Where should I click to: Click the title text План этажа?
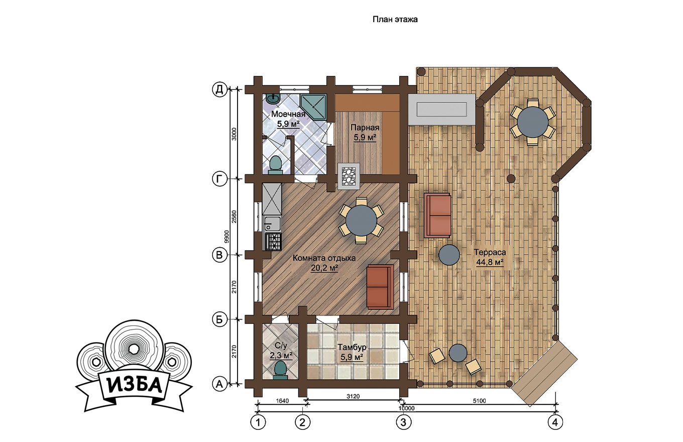point(395,20)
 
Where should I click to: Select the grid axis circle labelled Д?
point(219,89)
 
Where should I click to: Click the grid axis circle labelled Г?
point(219,179)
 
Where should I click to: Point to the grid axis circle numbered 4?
point(555,422)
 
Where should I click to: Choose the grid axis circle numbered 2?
point(302,422)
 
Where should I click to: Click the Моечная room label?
point(288,115)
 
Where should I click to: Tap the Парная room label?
point(365,128)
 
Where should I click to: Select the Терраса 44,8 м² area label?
point(490,257)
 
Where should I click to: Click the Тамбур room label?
point(352,348)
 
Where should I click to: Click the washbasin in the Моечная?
point(60,98)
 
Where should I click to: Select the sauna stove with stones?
point(349,176)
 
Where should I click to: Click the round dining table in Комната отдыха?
point(361,220)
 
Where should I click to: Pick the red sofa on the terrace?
point(437,215)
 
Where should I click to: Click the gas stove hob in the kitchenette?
point(273,242)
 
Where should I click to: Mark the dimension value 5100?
point(479,401)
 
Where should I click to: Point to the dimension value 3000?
point(234,134)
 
